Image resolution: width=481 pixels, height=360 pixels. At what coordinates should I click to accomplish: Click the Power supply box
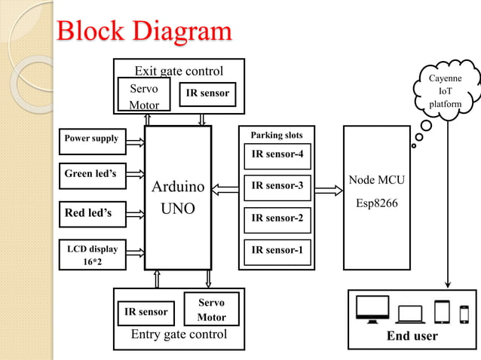coord(91,139)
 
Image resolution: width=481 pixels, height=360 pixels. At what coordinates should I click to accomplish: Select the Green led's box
coord(91,175)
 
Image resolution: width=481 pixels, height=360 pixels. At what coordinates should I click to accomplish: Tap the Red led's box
coord(91,213)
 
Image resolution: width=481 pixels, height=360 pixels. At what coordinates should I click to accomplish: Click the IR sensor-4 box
coord(277,156)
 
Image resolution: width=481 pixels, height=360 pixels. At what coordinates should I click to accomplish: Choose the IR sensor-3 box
coord(277,185)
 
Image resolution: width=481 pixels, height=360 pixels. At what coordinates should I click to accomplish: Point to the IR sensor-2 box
coord(277,218)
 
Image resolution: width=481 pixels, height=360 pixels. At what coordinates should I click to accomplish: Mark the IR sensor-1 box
coord(277,249)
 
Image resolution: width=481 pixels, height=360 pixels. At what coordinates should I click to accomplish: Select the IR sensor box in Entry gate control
coord(146,311)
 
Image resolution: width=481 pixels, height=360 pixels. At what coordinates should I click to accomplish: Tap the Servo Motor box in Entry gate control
coord(211,310)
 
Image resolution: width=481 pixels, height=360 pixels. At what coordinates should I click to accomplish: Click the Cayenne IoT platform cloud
coord(445,92)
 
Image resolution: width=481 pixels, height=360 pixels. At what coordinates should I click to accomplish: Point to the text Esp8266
coord(376,203)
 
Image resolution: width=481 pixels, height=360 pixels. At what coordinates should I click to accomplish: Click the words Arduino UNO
coord(178,197)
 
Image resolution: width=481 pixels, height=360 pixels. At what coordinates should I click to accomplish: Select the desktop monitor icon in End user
coord(372,310)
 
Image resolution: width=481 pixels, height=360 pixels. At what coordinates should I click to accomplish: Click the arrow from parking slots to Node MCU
coord(328,190)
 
